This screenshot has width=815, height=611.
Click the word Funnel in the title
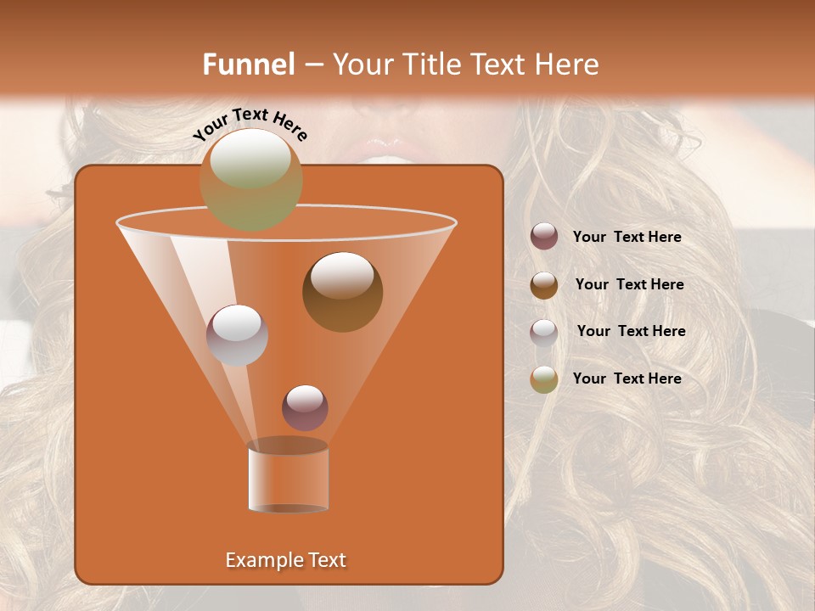[248, 64]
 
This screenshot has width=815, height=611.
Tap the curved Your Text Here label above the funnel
[250, 125]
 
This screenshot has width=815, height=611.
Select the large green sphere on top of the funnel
[250, 179]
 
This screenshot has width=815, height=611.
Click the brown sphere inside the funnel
[342, 291]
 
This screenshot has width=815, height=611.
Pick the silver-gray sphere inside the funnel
[237, 334]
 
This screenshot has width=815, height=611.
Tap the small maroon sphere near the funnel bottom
[305, 407]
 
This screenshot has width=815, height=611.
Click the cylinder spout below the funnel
[288, 477]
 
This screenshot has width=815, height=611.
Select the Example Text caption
[285, 560]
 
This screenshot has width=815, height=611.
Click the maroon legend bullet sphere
[544, 237]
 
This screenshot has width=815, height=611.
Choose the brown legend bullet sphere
[544, 285]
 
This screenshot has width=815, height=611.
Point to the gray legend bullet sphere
[544, 332]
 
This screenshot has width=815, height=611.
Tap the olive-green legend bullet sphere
[544, 379]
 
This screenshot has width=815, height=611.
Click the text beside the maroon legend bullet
[627, 238]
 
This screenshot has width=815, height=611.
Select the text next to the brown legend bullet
[629, 285]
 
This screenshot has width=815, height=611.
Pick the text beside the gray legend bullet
[631, 332]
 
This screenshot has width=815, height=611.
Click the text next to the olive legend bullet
[627, 378]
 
